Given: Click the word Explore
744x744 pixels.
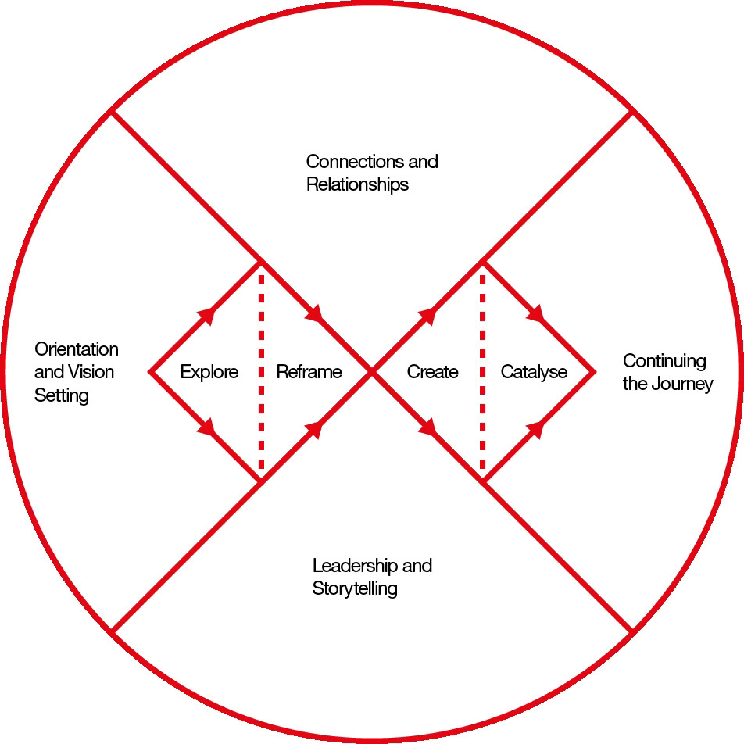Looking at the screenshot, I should point(209,372).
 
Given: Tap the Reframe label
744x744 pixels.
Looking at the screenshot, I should point(309,372).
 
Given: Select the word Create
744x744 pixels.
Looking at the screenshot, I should point(432,372).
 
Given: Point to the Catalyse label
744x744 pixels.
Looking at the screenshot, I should point(534,372).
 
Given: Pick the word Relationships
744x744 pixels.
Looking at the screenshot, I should point(357,184).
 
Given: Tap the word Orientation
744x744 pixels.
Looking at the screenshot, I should point(77,349).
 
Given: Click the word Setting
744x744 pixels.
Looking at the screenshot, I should point(62,395).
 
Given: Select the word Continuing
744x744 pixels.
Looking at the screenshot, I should point(664,361).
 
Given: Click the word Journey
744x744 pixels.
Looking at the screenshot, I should point(685,384).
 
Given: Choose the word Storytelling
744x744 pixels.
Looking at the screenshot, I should point(354,588).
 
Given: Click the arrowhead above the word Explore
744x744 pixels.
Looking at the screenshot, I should point(208,313).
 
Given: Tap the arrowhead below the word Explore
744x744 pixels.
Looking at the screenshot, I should point(208,429).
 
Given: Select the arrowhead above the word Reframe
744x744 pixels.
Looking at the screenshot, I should point(314,314).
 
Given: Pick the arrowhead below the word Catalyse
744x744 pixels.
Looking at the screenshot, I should point(536,429).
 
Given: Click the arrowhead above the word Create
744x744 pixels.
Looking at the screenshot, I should point(427,315).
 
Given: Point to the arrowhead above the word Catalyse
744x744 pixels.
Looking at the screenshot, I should point(536,314).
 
